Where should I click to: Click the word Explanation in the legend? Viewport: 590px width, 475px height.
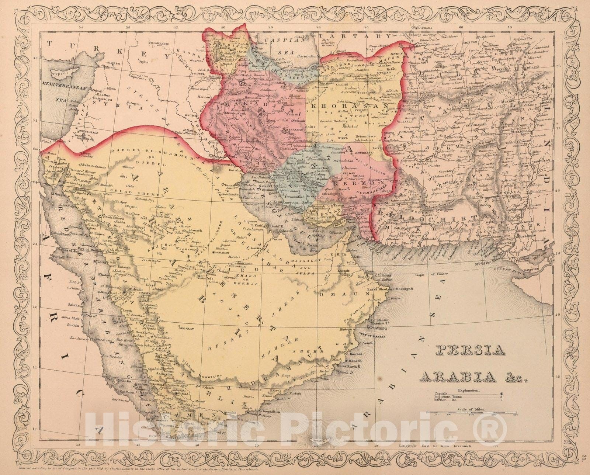point(469,390)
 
